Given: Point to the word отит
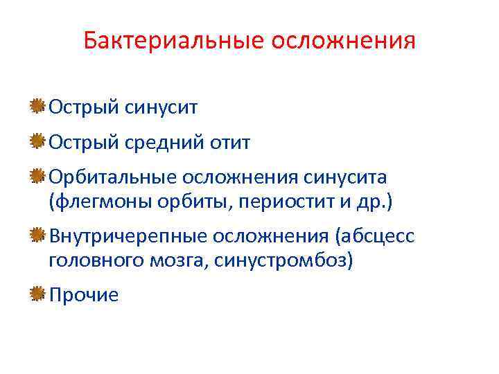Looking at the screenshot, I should pyautogui.click(x=231, y=143).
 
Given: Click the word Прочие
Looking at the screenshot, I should pyautogui.click(x=84, y=295).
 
